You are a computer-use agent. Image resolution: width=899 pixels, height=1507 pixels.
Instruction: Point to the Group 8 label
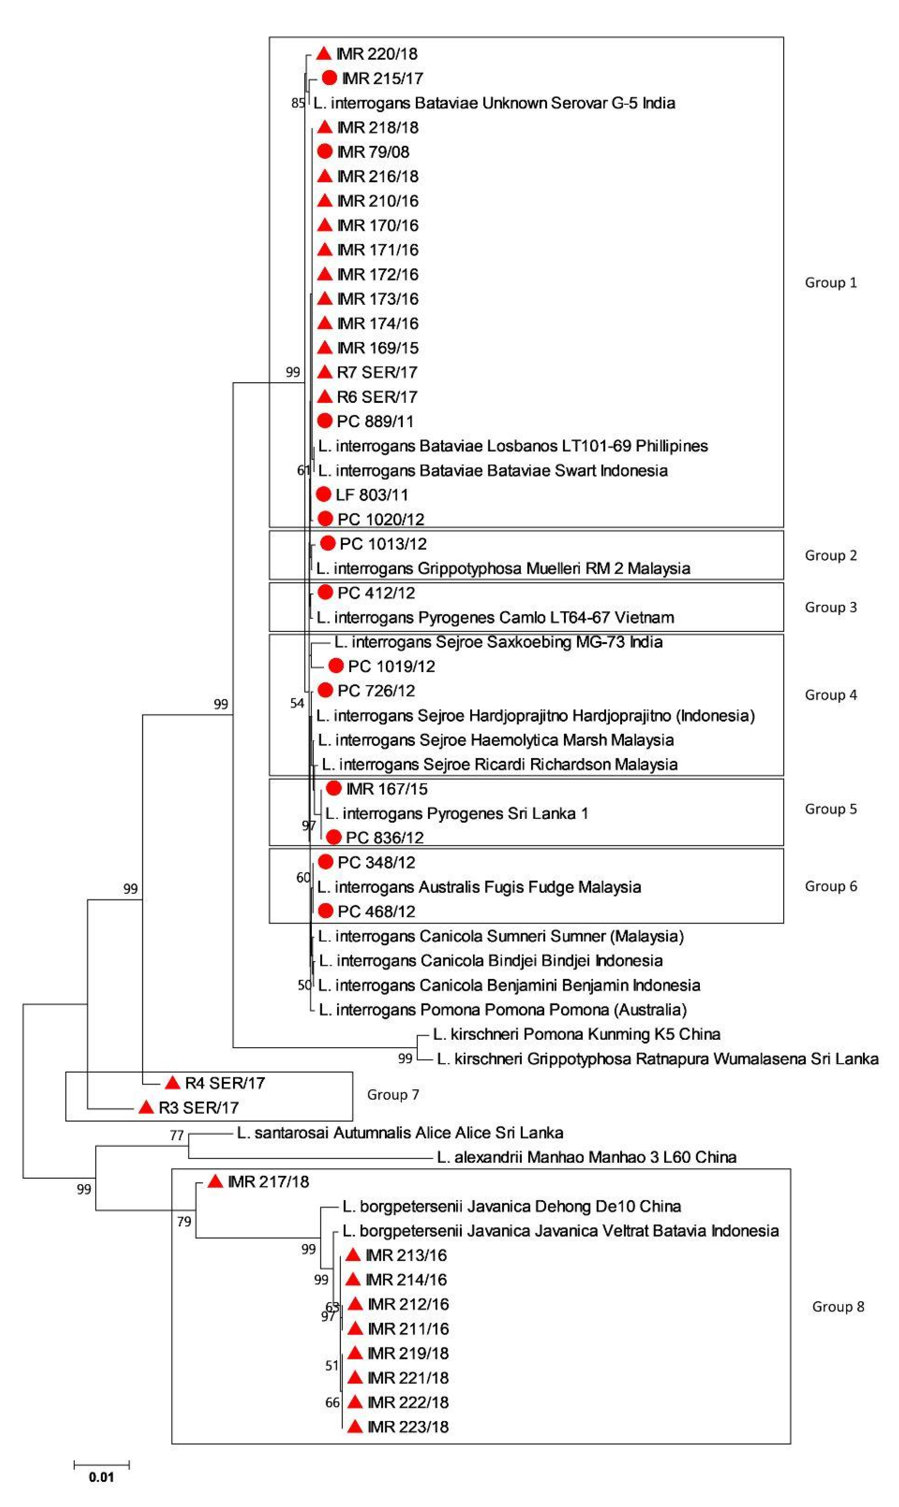838,1307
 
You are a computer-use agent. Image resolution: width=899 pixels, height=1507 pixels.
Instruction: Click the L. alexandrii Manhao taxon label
586,1157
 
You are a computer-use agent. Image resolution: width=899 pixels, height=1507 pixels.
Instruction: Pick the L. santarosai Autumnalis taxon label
400,1132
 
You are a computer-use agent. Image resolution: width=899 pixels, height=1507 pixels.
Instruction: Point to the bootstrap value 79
184,1221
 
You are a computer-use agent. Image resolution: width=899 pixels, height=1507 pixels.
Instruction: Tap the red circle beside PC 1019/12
336,666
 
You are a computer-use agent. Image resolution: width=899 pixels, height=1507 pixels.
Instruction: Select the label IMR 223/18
408,1426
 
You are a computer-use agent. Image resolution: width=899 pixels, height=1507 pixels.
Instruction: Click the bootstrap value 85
297,103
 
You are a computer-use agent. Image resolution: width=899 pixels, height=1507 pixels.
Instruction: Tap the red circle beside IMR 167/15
334,788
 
